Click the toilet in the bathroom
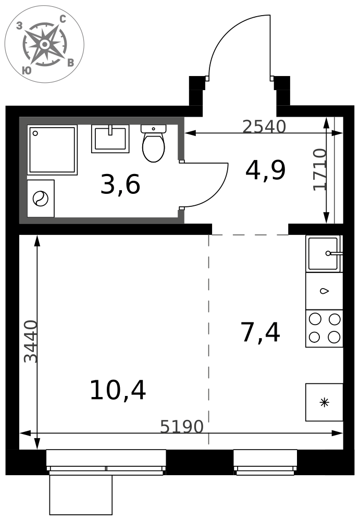click(153, 143)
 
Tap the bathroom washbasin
click(110, 139)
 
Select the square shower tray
click(52, 150)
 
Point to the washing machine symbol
click(41, 199)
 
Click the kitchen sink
click(324, 254)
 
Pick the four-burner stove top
click(324, 328)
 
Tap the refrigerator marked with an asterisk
click(324, 402)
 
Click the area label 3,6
click(120, 185)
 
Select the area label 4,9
click(265, 170)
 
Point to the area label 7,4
click(260, 332)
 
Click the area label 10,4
click(118, 390)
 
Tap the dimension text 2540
click(264, 127)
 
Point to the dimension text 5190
click(181, 427)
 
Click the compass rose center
click(44, 44)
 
